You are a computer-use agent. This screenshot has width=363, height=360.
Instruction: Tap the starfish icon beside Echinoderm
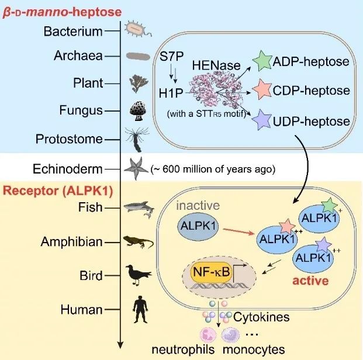138,168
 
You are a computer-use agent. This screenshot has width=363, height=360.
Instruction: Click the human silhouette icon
139,309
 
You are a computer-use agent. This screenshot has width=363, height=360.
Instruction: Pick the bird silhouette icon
139,274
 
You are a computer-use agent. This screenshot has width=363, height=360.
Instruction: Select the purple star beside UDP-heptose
262,121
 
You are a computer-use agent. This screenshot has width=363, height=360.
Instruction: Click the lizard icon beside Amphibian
139,241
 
